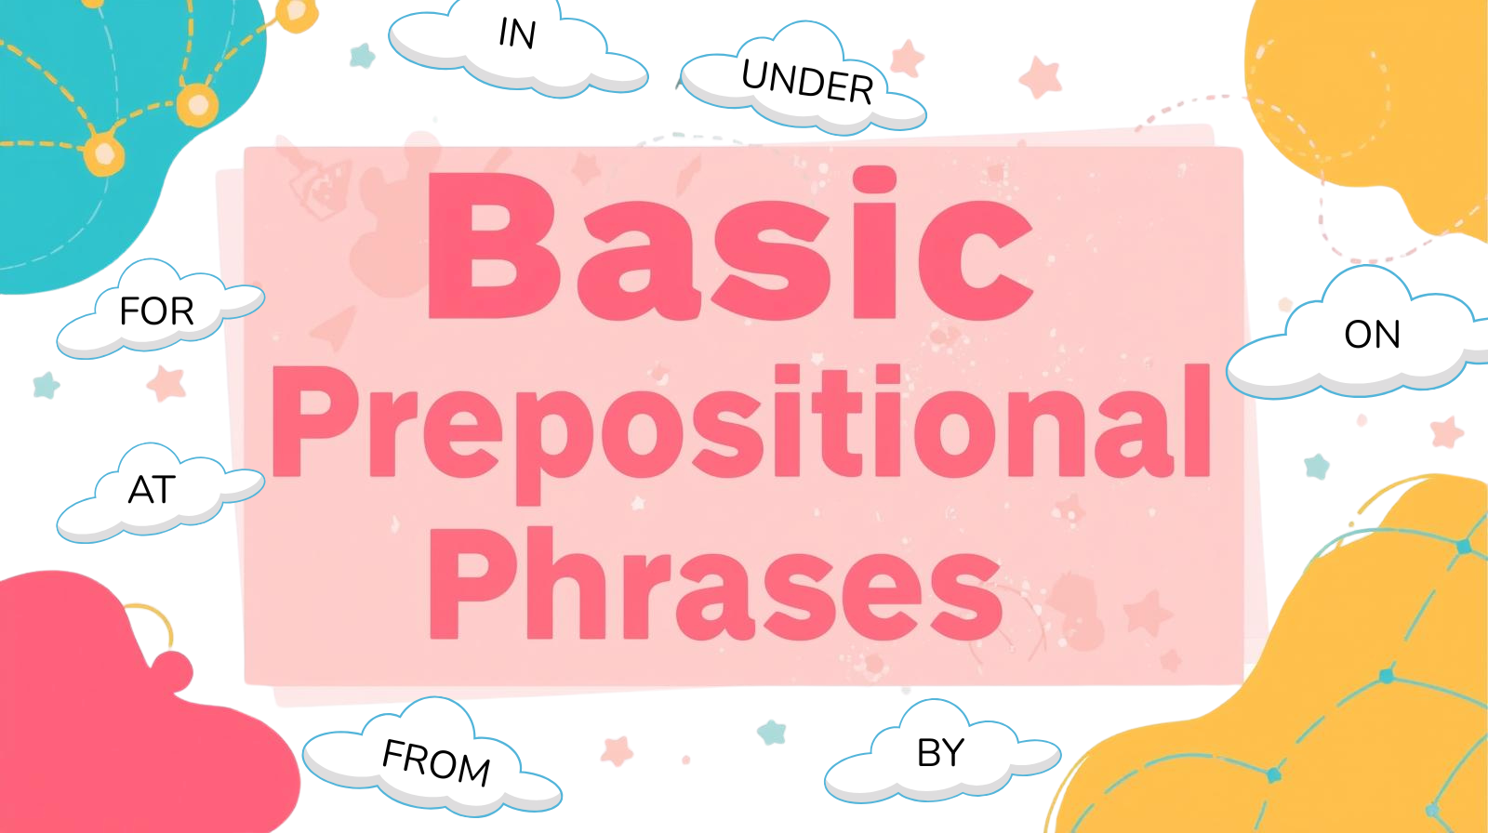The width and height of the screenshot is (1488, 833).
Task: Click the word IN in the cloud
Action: pyautogui.click(x=517, y=33)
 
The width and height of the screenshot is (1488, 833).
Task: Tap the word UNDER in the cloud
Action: pyautogui.click(x=807, y=82)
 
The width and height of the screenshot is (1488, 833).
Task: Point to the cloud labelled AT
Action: pyautogui.click(x=161, y=493)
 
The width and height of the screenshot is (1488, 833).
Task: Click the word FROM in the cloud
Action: pyautogui.click(x=436, y=762)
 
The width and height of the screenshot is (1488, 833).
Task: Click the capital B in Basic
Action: pyautogui.click(x=494, y=245)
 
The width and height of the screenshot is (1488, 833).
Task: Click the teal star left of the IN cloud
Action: pyautogui.click(x=362, y=56)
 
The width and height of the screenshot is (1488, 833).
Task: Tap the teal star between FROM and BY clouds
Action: pyautogui.click(x=772, y=733)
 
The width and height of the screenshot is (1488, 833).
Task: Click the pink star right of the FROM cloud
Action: pyautogui.click(x=617, y=750)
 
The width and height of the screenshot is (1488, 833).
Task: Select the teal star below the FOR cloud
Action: pyautogui.click(x=46, y=385)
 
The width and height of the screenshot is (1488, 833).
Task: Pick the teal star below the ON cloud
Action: pyautogui.click(x=1317, y=467)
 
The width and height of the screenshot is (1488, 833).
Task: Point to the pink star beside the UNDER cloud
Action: pyautogui.click(x=908, y=58)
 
